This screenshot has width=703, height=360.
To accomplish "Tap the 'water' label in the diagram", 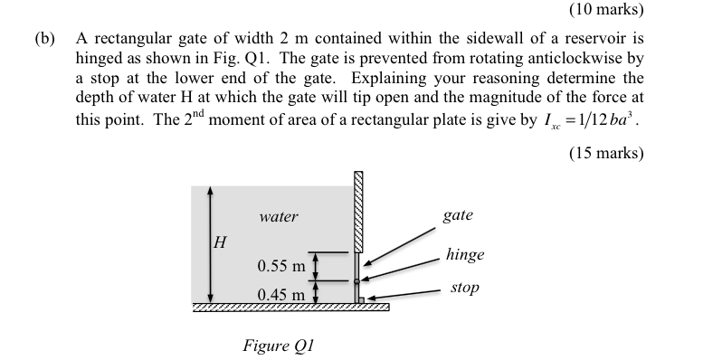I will [278, 217].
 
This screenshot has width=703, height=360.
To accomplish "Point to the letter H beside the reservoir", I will [219, 242].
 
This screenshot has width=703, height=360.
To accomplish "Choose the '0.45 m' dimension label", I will [280, 295].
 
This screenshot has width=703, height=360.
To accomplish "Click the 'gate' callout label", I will [458, 215].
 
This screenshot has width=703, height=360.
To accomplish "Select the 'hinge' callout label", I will [464, 254].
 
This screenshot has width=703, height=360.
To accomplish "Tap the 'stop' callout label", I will [463, 288].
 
